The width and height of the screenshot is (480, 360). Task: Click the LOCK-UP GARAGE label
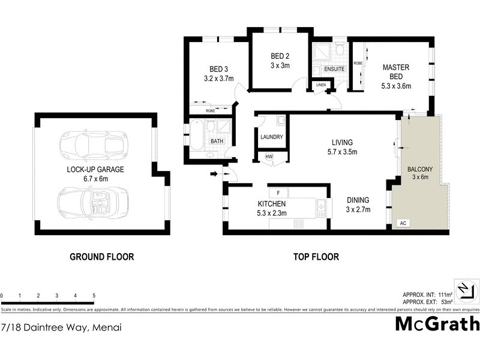[x=95, y=170]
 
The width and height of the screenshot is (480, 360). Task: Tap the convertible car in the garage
[x=93, y=202]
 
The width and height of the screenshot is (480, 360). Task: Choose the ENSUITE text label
[x=334, y=70]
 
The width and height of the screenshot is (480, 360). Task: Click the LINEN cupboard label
[x=320, y=85]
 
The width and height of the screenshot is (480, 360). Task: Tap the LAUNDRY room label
[x=272, y=137]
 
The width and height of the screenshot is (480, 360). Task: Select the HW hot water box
[x=268, y=157]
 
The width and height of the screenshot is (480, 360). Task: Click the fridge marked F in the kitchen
[x=278, y=193]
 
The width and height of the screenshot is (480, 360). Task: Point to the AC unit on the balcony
[x=403, y=224]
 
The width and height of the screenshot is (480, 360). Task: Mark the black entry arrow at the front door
[x=214, y=175]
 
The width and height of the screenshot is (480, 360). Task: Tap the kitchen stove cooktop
[x=298, y=224]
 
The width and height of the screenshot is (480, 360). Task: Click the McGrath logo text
[x=437, y=324]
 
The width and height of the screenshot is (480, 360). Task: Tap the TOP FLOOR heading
[x=316, y=257]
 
